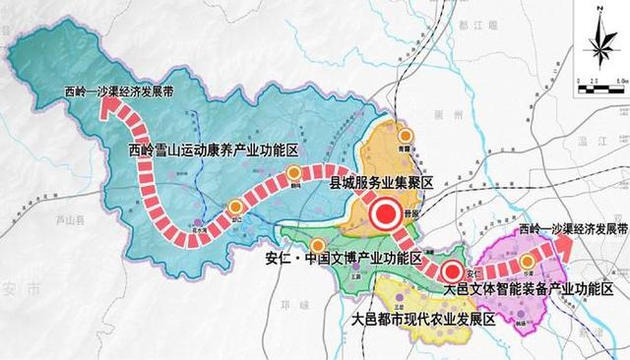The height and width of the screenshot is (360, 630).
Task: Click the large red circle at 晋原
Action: coord(383,212)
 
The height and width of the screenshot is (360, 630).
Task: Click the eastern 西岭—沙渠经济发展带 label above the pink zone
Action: coord(571,227)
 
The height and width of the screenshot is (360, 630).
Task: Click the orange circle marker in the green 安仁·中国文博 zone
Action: coord(317,246)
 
